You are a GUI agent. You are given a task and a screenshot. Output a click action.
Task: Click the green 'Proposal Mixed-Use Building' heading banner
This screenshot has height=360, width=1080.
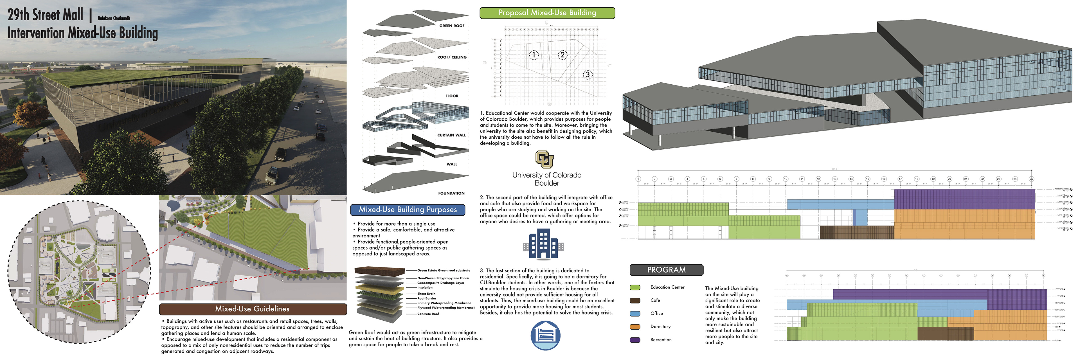(x=547, y=13)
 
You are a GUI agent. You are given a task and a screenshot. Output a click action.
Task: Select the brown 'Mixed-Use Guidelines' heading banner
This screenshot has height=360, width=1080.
(x=252, y=309)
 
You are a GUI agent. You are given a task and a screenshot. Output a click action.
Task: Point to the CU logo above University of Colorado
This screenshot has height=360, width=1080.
(x=544, y=159)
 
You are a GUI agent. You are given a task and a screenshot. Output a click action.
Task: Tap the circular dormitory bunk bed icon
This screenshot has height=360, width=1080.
(x=545, y=335)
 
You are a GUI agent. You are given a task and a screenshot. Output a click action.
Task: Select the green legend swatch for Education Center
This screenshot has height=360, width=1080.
(x=635, y=287)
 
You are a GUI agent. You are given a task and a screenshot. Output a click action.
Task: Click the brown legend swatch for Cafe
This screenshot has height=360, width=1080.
(x=635, y=300)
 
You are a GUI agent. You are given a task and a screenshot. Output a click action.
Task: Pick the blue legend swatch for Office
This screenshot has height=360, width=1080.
(x=635, y=314)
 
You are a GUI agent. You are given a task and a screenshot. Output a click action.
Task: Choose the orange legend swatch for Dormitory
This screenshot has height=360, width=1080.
(x=635, y=327)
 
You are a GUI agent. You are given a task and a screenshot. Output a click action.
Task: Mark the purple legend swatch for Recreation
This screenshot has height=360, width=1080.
(x=635, y=340)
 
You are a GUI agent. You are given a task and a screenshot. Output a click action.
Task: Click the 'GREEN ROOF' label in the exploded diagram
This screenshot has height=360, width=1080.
(x=451, y=26)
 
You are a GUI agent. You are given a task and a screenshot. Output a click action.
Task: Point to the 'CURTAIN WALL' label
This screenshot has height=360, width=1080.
(x=451, y=135)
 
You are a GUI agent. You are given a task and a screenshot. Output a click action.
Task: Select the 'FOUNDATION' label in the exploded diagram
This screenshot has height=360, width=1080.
(x=451, y=193)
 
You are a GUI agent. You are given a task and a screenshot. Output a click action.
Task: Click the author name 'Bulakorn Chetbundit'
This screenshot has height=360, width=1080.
(x=114, y=18)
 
